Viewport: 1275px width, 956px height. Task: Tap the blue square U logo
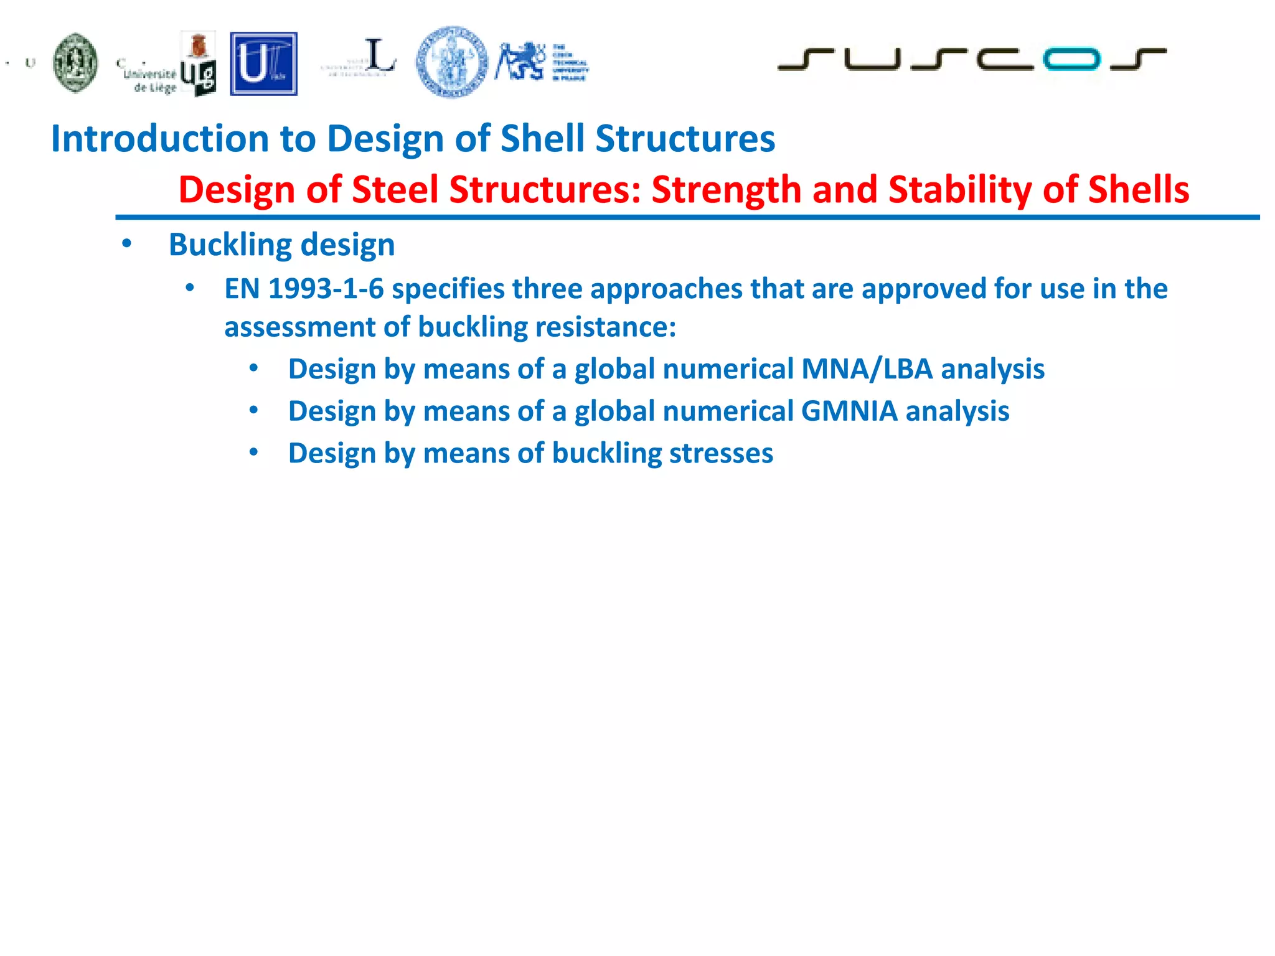263,64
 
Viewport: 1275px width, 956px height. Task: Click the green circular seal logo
75,63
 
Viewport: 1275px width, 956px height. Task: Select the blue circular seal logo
452,62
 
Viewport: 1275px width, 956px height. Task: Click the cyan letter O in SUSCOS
1071,59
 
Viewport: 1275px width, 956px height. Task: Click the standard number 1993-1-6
326,289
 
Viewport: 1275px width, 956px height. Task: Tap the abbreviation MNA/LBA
867,369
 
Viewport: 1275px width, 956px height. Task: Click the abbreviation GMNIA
849,411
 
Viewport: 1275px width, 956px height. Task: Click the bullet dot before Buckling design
127,244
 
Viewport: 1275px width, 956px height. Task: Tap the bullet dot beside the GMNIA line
253,411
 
